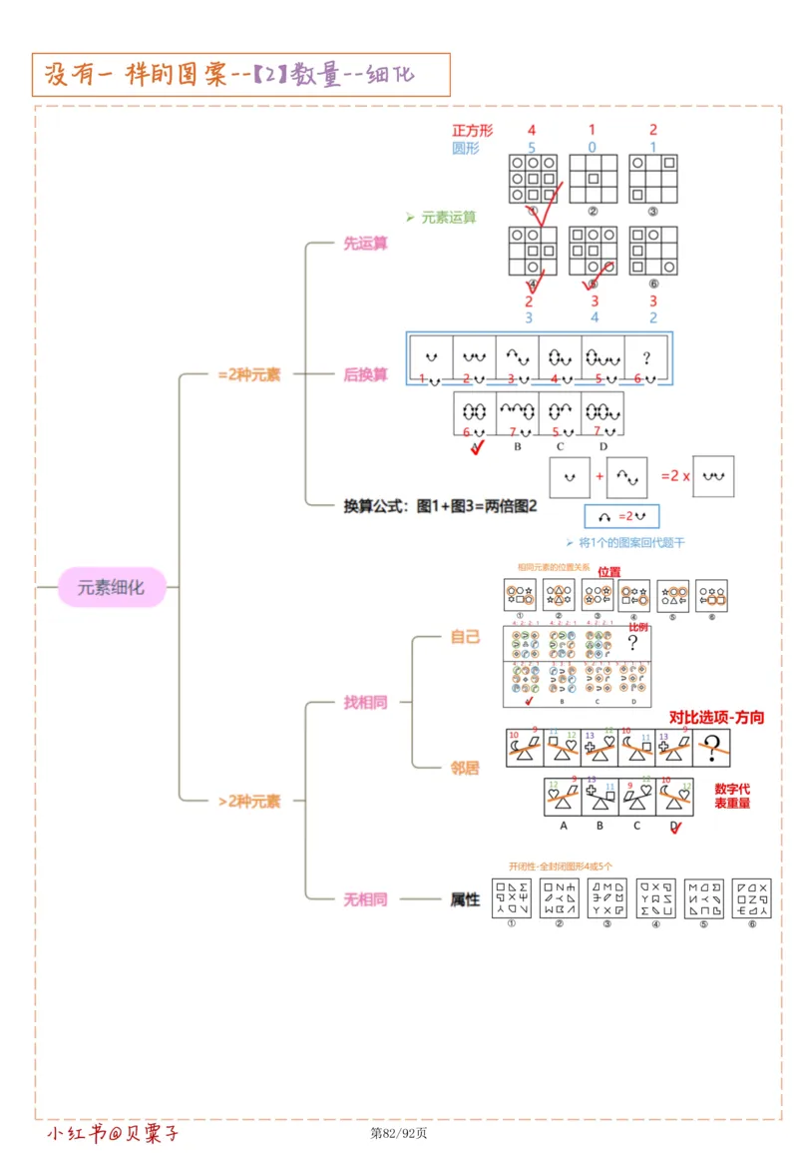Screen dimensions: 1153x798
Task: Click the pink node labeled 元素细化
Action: click(111, 587)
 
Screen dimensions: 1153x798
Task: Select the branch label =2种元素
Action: click(248, 375)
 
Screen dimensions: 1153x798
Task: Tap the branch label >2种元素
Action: click(248, 801)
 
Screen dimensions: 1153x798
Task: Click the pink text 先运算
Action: click(365, 244)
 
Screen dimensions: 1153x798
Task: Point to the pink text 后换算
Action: click(365, 375)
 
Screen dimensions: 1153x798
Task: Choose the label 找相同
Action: click(365, 703)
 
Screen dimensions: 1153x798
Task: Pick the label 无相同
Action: click(365, 899)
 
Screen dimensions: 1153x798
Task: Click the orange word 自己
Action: click(465, 637)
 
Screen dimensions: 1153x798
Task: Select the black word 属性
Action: click(465, 899)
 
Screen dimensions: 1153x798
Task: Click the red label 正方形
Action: click(472, 131)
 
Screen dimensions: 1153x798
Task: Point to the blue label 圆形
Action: click(466, 148)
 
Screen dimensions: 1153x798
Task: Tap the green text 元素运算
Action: click(448, 217)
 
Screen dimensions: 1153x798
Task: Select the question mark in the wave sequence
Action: click(647, 356)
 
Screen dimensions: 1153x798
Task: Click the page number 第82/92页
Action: click(399, 1133)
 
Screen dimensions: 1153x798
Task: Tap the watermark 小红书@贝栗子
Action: click(113, 1133)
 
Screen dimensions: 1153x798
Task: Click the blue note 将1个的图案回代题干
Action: click(631, 543)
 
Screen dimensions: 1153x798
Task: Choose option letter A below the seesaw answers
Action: click(563, 826)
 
